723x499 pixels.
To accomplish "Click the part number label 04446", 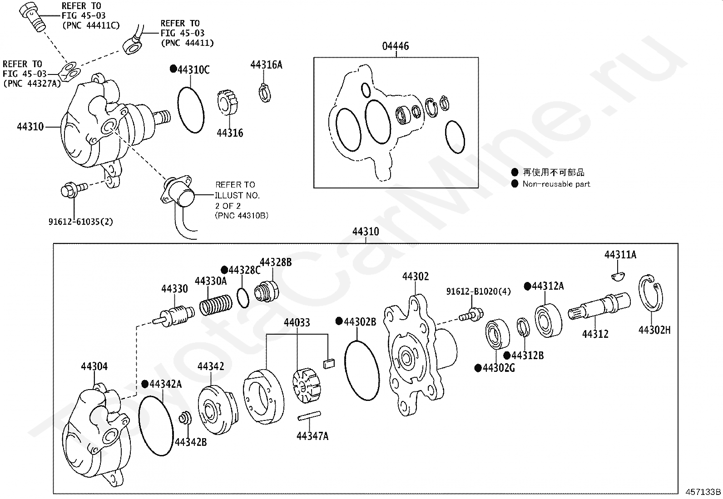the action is click(x=396, y=46).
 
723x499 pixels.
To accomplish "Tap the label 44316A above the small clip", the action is click(x=266, y=65).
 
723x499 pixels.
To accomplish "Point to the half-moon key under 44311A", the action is click(x=618, y=277).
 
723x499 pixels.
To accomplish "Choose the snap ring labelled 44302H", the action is click(x=651, y=293).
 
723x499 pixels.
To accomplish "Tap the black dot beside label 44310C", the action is click(x=173, y=69).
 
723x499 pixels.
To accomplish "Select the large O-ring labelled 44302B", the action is click(x=362, y=370).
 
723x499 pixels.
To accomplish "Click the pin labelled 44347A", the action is click(x=309, y=416).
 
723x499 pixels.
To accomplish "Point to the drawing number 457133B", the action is click(x=703, y=492).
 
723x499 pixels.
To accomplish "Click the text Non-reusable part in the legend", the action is click(x=556, y=184).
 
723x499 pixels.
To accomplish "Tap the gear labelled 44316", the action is click(x=228, y=103).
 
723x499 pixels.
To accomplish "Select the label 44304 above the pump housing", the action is click(x=94, y=366).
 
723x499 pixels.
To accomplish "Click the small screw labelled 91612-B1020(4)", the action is click(x=471, y=315).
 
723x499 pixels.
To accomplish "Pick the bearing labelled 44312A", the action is click(x=549, y=321).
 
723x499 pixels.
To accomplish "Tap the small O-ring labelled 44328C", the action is click(x=243, y=298).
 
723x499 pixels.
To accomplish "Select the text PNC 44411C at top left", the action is click(x=91, y=25).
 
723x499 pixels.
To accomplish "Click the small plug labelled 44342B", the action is click(x=185, y=418).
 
